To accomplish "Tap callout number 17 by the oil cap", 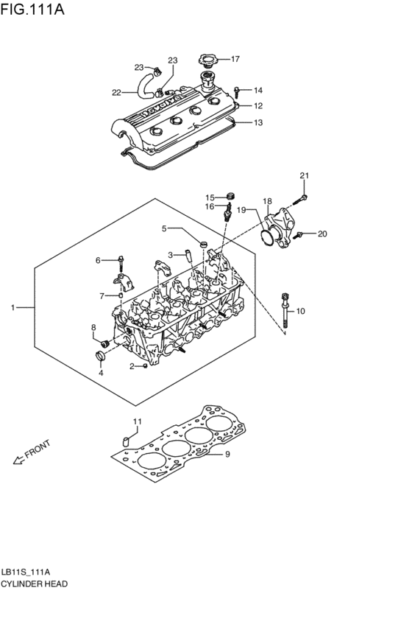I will tap(235, 59).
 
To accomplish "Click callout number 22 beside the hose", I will tap(116, 92).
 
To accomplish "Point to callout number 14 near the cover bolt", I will tap(257, 90).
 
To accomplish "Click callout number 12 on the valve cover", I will tap(257, 106).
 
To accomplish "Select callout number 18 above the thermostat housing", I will tap(267, 201).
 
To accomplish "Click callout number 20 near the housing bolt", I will tap(322, 234).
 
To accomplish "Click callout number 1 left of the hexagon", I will tap(13, 306).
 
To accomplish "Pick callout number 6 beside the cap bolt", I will tap(98, 260).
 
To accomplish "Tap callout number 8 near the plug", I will tap(93, 327).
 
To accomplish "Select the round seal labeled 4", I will tap(102, 358).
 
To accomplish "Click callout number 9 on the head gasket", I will tap(227, 454).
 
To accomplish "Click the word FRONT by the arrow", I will tap(38, 450).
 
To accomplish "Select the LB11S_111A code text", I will tap(26, 572).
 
